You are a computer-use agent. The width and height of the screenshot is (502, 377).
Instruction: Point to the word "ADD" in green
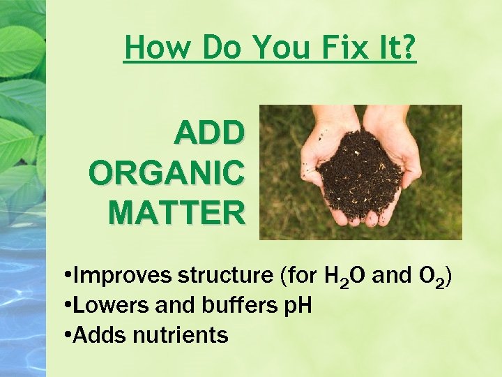(209, 132)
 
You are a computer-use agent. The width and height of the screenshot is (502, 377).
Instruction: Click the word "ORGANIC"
(167, 172)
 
